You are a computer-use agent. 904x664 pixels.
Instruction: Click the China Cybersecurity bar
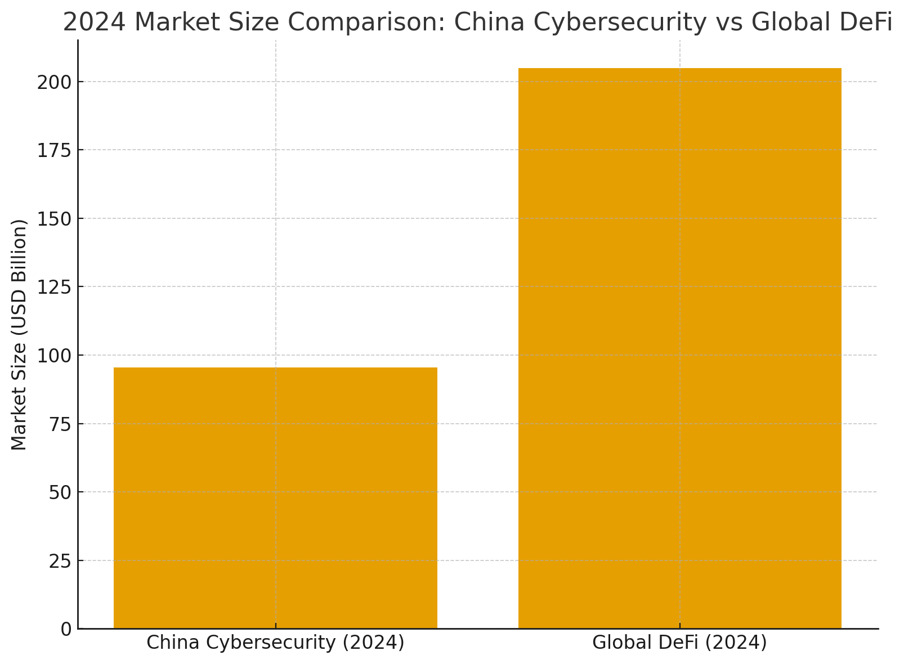[x=275, y=497]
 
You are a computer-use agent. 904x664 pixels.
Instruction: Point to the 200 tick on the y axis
[x=55, y=82]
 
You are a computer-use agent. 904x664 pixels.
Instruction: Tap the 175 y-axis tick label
[x=55, y=150]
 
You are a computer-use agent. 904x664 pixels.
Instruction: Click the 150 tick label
[x=55, y=219]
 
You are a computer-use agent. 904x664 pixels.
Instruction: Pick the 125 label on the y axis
[x=55, y=287]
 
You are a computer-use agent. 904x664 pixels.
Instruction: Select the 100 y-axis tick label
[x=55, y=356]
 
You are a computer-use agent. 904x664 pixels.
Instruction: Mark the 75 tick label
[x=60, y=424]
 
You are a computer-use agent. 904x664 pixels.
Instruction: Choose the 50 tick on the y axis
[x=60, y=492]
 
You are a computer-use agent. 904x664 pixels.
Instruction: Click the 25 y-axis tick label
[x=60, y=561]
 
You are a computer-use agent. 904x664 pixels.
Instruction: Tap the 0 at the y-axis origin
[x=66, y=629]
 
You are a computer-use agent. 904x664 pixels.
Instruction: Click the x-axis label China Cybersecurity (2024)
[x=275, y=643]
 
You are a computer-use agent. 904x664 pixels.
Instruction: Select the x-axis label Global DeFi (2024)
[x=679, y=643]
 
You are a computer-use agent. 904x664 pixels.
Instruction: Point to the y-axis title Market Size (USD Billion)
[x=19, y=334]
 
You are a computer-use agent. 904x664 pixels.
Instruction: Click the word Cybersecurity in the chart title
[x=615, y=23]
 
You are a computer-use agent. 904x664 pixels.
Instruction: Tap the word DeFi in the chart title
[x=861, y=23]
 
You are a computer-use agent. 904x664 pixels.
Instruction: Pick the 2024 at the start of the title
[x=94, y=23]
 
